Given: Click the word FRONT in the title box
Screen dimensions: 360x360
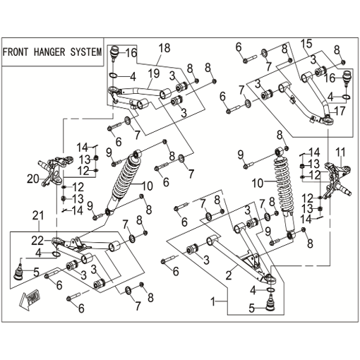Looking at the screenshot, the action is click(x=16, y=52).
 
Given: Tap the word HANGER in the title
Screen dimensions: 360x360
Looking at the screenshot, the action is click(x=49, y=52).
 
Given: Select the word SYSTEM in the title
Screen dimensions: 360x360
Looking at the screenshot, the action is click(x=86, y=52).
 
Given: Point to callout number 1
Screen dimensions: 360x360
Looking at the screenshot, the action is click(x=213, y=301).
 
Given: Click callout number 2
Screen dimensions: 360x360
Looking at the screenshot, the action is click(x=229, y=275).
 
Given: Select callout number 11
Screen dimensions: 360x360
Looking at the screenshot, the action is click(x=340, y=152).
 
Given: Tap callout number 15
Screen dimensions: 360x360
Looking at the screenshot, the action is click(x=306, y=44).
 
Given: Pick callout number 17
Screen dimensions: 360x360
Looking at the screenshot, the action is click(x=339, y=111).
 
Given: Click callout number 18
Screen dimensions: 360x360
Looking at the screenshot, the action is click(x=164, y=48).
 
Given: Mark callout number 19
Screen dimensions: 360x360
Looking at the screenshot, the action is click(x=154, y=73).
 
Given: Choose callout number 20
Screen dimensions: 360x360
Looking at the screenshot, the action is click(x=33, y=179).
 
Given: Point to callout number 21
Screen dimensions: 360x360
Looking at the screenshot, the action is click(x=38, y=215).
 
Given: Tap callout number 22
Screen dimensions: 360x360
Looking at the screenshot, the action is click(x=37, y=241).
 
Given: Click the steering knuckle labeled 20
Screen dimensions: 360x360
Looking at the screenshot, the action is click(x=56, y=172).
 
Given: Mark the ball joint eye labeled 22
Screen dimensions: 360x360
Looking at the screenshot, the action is click(x=58, y=241).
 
